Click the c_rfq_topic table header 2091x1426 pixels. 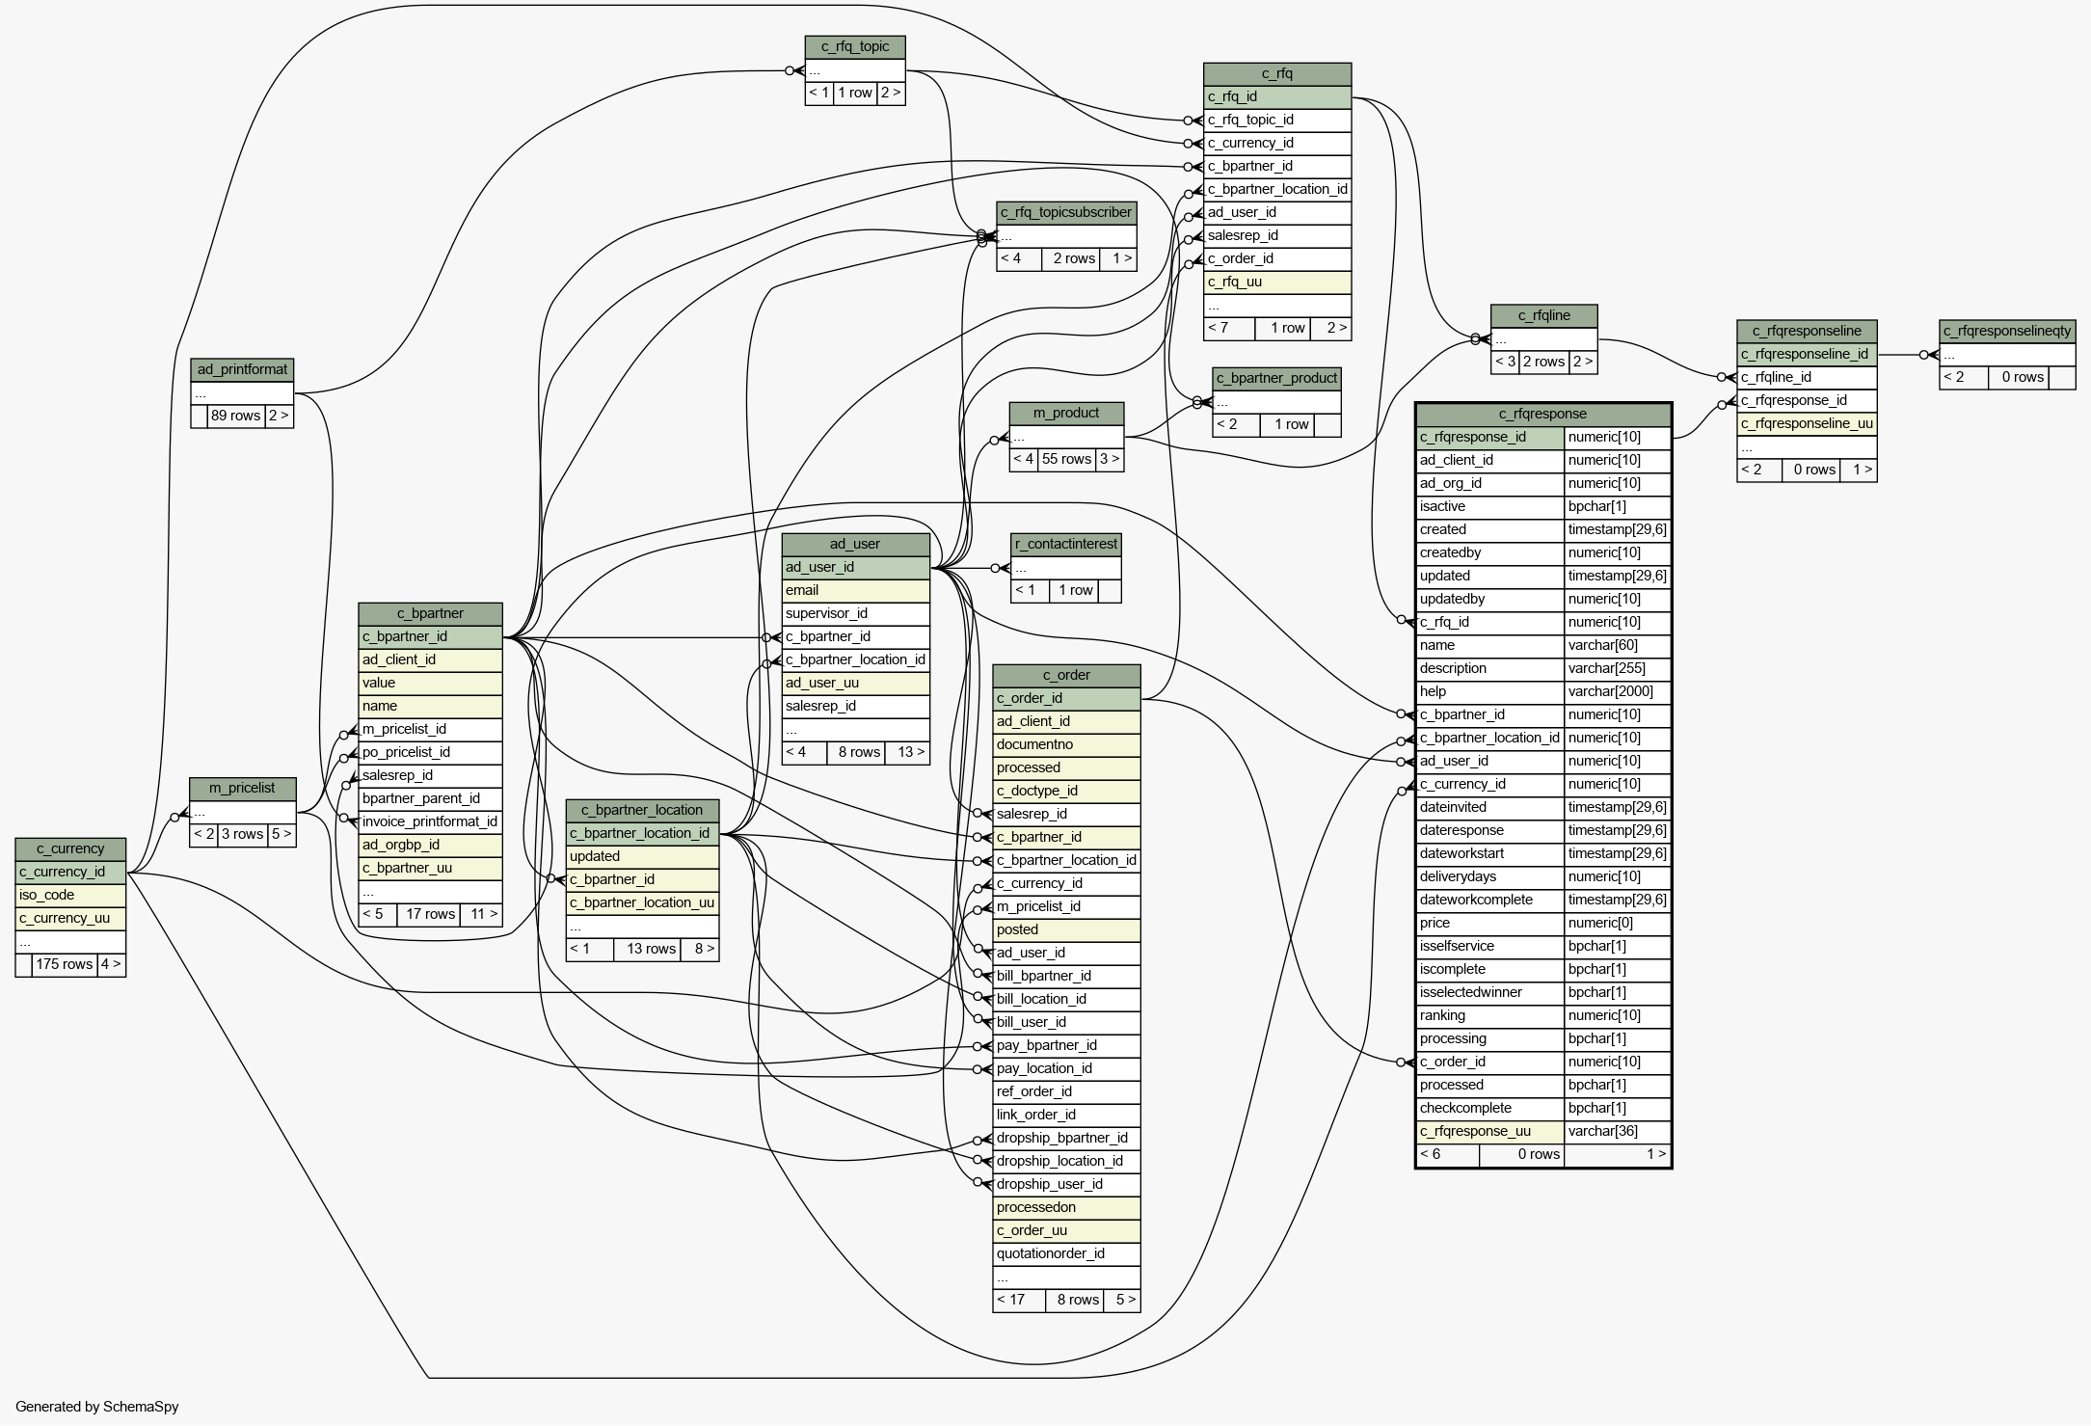click(x=855, y=47)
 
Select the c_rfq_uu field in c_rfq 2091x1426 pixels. click(x=1277, y=283)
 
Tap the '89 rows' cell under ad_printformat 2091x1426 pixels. click(x=236, y=416)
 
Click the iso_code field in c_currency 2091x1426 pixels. click(x=70, y=896)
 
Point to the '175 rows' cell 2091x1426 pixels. click(x=65, y=964)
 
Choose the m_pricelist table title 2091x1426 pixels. click(x=243, y=789)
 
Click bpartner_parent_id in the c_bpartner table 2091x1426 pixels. click(x=430, y=799)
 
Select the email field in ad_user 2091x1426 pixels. click(x=856, y=591)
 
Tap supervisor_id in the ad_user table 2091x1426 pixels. click(x=856, y=614)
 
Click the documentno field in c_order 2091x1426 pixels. click(x=1066, y=745)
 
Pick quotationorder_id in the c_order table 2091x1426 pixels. click(x=1066, y=1254)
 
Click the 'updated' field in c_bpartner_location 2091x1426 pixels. click(x=642, y=857)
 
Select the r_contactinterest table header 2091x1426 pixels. click(x=1066, y=545)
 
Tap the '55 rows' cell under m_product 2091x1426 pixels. click(x=1067, y=459)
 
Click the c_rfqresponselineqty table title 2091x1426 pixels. click(x=2007, y=332)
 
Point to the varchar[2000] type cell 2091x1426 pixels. click(x=1617, y=692)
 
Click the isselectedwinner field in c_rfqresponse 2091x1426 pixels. click(x=1490, y=993)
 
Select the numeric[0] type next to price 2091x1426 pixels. click(x=1617, y=924)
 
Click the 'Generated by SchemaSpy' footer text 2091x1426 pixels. click(x=97, y=1407)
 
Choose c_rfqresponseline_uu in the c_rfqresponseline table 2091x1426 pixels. click(x=1807, y=424)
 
